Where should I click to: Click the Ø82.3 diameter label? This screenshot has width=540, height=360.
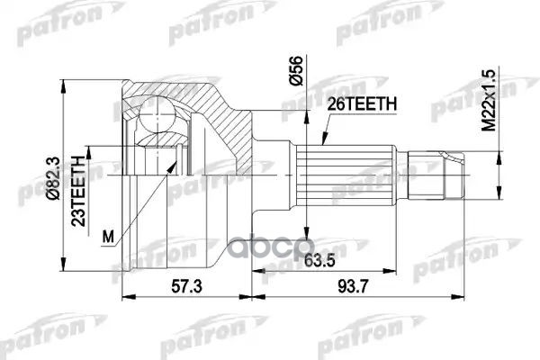(53, 171)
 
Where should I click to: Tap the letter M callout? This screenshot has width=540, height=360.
(109, 237)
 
